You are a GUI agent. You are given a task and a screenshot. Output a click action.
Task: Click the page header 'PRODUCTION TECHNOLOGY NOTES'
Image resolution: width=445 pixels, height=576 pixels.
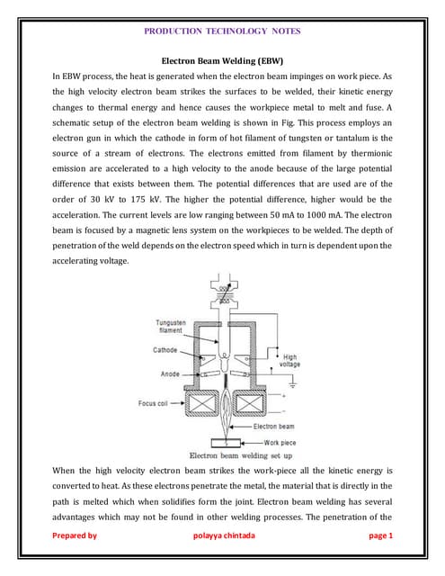click(222, 31)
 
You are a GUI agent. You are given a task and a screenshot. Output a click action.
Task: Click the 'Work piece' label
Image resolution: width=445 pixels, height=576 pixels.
click(283, 442)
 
